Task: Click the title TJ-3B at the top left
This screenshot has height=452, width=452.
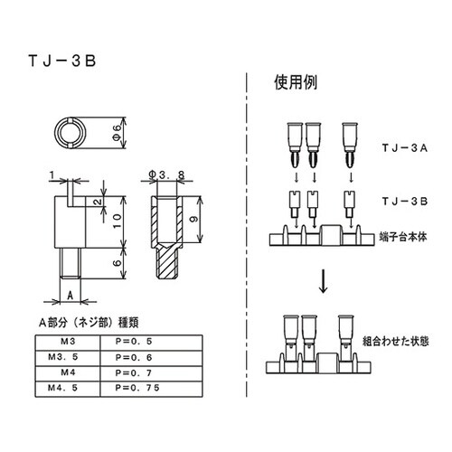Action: pos(61,62)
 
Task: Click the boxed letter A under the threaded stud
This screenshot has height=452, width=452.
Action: pos(70,294)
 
